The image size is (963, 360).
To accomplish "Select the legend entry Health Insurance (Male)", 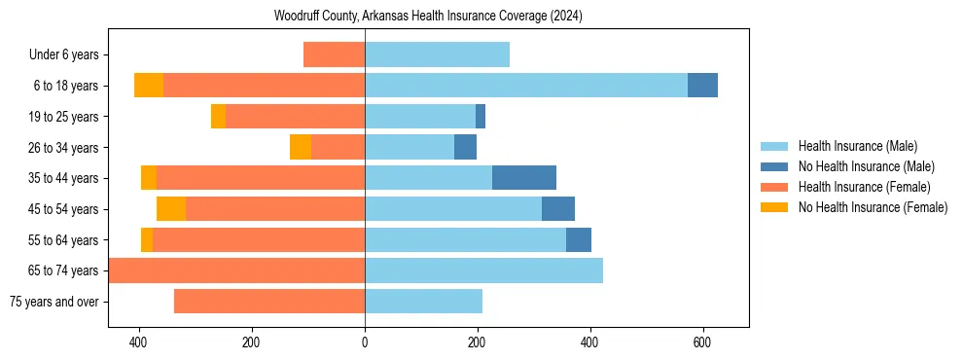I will point(857,146).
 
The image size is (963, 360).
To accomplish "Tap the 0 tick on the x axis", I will point(365,342).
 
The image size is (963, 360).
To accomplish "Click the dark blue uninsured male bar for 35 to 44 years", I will point(524,178).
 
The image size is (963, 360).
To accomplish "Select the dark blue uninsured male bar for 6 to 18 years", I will point(702,86).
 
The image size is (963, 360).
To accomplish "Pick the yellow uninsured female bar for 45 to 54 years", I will point(171,209).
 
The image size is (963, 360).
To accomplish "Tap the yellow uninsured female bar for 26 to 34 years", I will point(301,147).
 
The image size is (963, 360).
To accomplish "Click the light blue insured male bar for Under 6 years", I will point(437,55).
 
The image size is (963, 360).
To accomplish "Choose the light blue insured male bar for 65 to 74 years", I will point(483,270).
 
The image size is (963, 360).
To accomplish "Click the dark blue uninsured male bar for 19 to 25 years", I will point(481,117).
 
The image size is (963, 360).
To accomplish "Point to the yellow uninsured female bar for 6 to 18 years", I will point(149,86).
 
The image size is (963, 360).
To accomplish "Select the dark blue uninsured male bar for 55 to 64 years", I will point(579,240).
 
